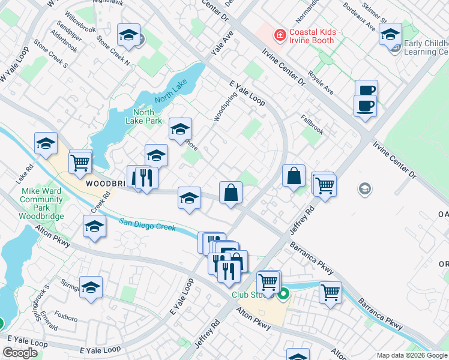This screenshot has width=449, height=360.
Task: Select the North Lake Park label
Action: [x=143, y=116]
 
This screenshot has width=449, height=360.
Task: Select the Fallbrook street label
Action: [x=312, y=120]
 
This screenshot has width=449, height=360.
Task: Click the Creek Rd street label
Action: [x=103, y=201]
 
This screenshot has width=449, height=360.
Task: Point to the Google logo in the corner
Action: [x=20, y=352]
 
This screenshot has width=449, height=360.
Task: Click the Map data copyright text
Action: [x=412, y=355]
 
